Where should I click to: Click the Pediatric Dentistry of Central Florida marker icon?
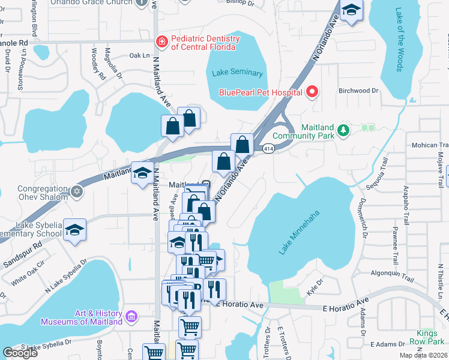pos(161,41)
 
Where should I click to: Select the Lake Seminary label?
pos(237,73)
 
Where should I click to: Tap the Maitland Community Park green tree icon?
pos(343,130)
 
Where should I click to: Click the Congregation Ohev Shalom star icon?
pos(76,191)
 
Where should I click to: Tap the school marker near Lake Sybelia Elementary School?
pos(75,230)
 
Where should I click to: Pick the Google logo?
pos(20,353)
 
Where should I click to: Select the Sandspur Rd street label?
pos(21,246)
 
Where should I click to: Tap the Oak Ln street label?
pos(139,55)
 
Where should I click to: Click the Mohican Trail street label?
pos(430,145)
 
